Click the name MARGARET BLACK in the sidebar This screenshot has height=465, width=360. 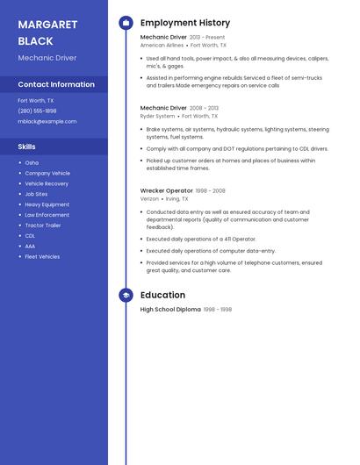pos(47,32)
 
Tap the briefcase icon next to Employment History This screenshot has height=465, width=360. pos(126,23)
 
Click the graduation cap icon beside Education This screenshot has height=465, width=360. pos(126,296)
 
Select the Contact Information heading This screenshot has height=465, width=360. pos(56,84)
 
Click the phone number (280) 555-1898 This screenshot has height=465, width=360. pos(37,111)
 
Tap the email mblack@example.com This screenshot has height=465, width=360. pos(41,121)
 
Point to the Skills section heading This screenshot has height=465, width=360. pos(26,147)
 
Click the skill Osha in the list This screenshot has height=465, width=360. pos(32,162)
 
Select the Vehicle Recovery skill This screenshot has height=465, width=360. pos(47,183)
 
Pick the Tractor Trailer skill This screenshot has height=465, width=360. pos(43,225)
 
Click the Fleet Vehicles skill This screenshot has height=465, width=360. pos(42,257)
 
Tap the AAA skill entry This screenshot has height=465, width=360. pos(30,247)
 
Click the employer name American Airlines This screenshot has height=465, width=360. pos(162,45)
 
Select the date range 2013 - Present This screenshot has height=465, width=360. pos(207,38)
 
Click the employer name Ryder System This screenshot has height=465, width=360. pos(158,116)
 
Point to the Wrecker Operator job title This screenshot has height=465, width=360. pos(166,190)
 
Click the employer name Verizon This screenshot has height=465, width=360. pos(150,198)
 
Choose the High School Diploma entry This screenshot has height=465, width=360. pos(170,310)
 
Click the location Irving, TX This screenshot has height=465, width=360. pos(177,198)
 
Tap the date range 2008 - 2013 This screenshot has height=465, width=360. pos(205,108)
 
